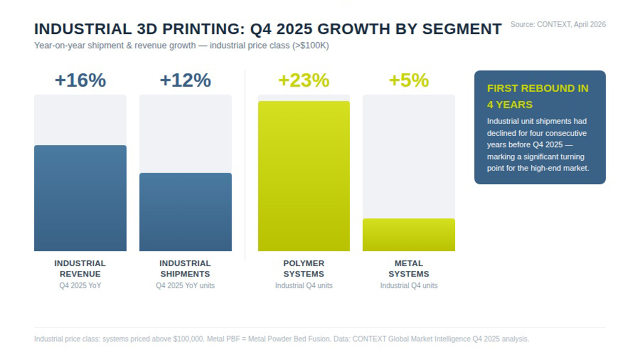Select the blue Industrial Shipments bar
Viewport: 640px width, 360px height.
185,212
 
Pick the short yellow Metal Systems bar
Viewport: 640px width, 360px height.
409,235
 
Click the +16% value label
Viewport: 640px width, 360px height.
80,80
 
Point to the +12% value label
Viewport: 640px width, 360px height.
185,80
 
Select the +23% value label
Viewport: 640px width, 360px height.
304,80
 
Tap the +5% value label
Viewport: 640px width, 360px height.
409,80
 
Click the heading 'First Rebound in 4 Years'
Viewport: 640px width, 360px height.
538,96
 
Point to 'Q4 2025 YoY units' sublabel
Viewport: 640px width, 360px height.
185,286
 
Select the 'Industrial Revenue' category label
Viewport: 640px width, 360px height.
80,268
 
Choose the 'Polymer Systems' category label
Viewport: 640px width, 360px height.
304,268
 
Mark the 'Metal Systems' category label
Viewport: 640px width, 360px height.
409,268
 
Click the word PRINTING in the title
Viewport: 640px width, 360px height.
203,29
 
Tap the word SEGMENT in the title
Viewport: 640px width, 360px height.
462,29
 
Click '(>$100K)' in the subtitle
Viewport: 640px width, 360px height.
310,45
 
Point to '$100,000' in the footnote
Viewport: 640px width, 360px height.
188,339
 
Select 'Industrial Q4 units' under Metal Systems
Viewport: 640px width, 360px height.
409,286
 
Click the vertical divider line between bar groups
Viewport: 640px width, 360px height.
245,165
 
